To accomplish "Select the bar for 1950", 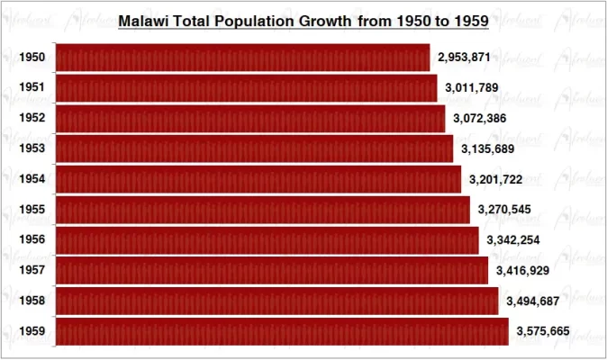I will point(242,58).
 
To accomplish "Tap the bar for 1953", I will point(254,148).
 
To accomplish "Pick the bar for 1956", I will point(267,240).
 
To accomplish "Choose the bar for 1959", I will point(282,331).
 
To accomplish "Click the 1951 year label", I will point(32,88).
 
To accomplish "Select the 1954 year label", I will point(32,179).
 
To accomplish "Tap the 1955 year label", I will point(32,210).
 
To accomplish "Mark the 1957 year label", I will point(32,270).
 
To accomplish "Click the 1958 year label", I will point(32,301).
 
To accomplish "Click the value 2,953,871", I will point(464,58).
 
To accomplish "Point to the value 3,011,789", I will point(472,88).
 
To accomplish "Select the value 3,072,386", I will point(480,119).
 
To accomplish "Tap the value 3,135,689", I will point(488,148).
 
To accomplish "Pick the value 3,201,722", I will point(496,179).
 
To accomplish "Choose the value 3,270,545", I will point(505,210).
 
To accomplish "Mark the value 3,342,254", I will point(513,240).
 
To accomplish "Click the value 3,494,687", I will point(533,301).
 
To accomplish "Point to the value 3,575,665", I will point(543,331).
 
